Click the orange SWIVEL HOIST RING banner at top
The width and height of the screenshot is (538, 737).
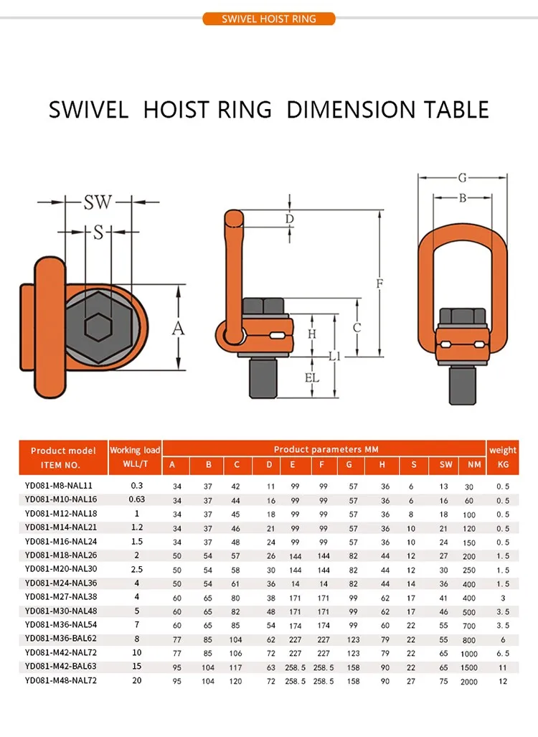(x=269, y=19)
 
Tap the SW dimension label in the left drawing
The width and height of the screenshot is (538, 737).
(x=98, y=202)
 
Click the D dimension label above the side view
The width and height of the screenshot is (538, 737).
(x=289, y=218)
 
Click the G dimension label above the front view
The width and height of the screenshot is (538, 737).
(x=462, y=177)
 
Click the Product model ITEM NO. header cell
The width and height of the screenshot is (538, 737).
(x=63, y=457)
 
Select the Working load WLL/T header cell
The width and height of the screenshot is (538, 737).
(x=135, y=457)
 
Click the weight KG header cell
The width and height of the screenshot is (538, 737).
(x=503, y=457)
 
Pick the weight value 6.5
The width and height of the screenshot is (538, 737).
(x=503, y=653)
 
